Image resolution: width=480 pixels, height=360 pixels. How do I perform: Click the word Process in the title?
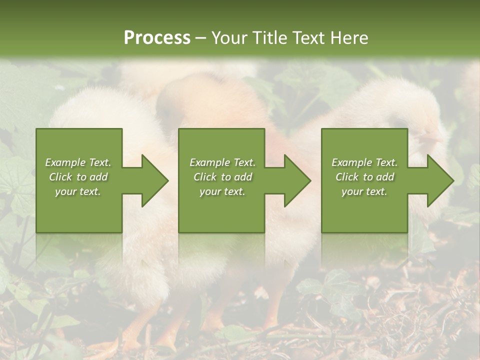[x=157, y=38]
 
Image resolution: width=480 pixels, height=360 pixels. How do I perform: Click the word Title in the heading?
[x=268, y=38]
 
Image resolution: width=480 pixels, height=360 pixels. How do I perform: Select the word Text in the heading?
[x=307, y=38]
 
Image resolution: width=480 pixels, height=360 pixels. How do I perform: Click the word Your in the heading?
[x=229, y=38]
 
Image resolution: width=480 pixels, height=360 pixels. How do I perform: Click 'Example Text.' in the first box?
[x=78, y=162]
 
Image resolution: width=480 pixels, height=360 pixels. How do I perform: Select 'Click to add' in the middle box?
[x=222, y=177]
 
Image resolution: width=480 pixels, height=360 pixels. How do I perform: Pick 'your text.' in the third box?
[x=364, y=191]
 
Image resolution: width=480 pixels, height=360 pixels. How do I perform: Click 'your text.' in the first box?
[x=78, y=191]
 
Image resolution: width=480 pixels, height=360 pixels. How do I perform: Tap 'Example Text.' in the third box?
[x=364, y=162]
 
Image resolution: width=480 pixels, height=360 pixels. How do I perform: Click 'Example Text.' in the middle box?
[x=222, y=162]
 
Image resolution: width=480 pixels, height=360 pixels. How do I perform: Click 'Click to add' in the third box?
[x=364, y=177]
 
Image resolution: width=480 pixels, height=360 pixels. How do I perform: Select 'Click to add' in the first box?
[x=78, y=177]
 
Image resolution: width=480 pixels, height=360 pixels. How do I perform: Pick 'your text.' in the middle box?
[x=222, y=191]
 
